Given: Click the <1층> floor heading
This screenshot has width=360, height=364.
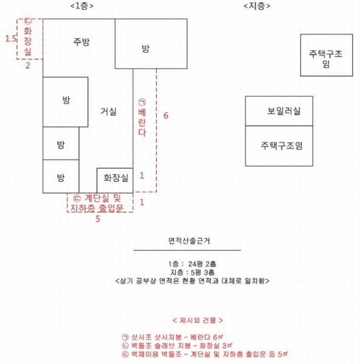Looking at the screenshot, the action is point(82,6).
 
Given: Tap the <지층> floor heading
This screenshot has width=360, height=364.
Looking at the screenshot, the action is point(257,6).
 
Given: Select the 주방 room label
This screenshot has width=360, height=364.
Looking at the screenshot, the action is point(81,42).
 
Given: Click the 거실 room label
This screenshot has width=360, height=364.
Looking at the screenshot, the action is point(108,112).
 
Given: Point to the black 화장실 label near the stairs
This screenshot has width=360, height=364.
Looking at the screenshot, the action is point(116,178).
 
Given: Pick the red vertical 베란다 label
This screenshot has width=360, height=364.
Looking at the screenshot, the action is point(142,118).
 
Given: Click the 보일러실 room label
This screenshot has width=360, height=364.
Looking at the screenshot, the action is point(284,111).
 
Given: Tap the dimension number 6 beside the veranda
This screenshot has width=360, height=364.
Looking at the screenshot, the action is point(166,115).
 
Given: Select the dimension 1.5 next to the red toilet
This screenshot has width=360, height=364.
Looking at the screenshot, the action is point(11,39).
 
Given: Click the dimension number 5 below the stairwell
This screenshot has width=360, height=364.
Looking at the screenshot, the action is point(98,219).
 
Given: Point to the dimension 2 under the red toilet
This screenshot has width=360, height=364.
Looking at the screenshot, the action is point(28,66).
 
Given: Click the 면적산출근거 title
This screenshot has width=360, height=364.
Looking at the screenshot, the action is point(189,241).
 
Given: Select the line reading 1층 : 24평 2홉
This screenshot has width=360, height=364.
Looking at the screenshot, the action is point(192,264).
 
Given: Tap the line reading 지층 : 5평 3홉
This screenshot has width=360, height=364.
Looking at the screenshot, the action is point(192,272).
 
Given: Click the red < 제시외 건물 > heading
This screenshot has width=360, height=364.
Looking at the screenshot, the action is point(198,320).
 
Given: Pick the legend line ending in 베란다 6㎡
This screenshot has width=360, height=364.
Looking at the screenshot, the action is point(172,337).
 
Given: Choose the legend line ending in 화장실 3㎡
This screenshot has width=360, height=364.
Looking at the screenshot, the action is point(177,346).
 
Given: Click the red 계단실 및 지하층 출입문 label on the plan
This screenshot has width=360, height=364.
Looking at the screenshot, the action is point(97,203).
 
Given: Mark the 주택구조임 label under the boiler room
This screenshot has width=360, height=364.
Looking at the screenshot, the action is point(282,146).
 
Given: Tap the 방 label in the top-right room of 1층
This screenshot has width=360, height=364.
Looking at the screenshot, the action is point(145,49).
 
